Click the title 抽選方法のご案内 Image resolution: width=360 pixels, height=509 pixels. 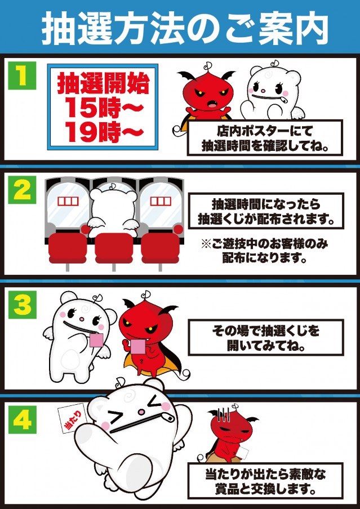(184, 29)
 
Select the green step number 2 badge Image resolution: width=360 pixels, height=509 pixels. (22, 190)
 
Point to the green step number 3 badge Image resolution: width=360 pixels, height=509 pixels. (22, 305)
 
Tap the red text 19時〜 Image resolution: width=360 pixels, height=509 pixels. (103, 131)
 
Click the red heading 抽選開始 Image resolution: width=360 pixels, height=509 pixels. (103, 84)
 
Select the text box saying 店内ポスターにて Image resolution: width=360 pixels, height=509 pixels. (265, 137)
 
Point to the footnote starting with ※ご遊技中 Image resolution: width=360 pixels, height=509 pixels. (264, 251)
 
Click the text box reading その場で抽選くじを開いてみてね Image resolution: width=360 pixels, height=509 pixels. (266, 337)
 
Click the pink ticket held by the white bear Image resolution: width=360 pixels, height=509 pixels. (96, 341)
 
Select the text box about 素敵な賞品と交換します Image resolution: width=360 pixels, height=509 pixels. (265, 480)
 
